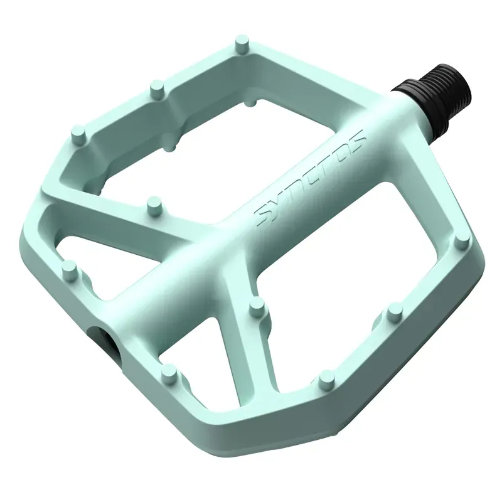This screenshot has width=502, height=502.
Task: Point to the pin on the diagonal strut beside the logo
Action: tap(152, 205)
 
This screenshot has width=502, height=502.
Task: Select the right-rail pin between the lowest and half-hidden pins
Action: tap(394, 312)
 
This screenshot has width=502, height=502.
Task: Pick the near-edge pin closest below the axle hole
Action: tap(168, 375)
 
